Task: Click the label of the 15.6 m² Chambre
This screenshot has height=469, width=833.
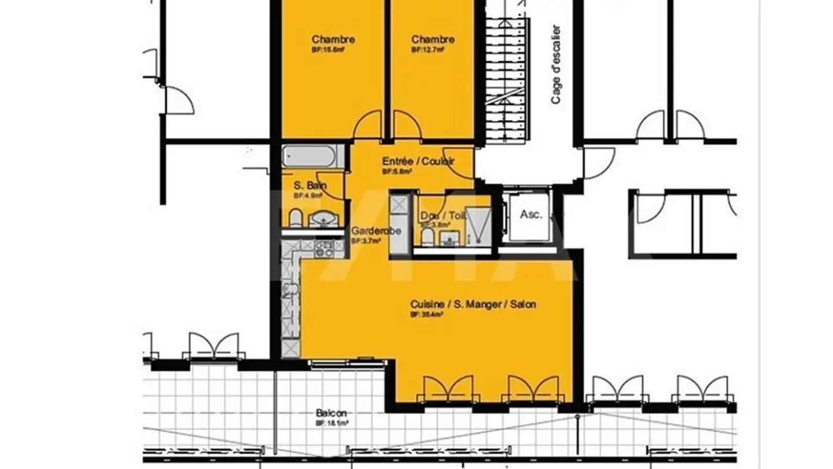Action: click(333, 39)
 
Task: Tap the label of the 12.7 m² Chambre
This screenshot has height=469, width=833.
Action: click(433, 39)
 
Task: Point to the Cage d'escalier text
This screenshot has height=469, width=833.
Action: click(556, 64)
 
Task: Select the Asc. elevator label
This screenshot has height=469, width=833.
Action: click(530, 214)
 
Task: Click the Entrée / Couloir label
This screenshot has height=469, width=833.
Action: click(418, 161)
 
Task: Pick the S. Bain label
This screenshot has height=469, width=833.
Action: click(310, 186)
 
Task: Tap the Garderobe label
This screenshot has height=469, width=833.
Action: click(376, 230)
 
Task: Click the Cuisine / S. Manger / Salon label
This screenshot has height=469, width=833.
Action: click(473, 304)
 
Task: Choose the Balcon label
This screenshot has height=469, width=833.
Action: click(331, 413)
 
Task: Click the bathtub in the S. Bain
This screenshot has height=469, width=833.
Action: click(309, 156)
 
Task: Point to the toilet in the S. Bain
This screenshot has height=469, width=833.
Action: click(295, 218)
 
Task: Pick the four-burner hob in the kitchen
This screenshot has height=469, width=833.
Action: click(324, 249)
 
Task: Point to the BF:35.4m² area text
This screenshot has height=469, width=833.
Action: click(427, 314)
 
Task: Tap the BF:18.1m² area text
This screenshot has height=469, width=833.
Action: click(331, 423)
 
